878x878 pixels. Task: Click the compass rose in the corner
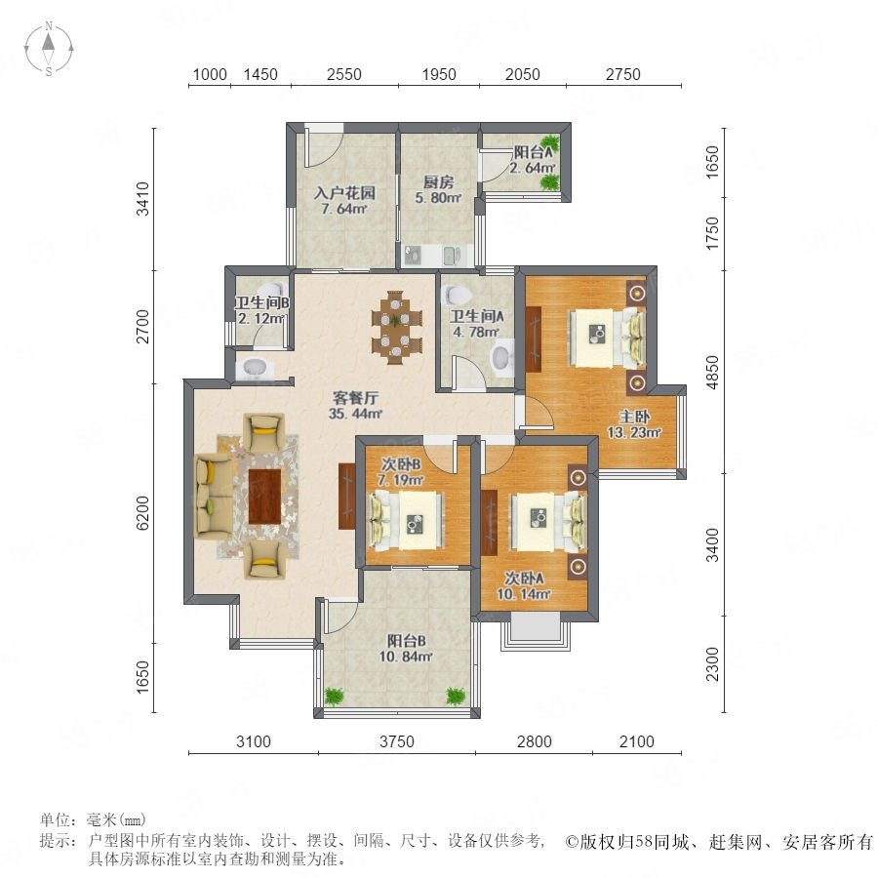point(49,49)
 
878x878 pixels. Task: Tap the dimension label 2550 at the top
point(343,74)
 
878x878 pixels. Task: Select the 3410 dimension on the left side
point(143,199)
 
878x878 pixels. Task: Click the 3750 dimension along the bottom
point(397,742)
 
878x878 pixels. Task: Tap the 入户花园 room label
point(344,193)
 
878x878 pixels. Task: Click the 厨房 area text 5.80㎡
point(438,198)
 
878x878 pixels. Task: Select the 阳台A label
point(533,151)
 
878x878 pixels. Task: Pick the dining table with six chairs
point(396,328)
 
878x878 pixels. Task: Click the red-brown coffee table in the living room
point(264,497)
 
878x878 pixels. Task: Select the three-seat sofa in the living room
point(213,497)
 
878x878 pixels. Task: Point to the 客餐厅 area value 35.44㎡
point(355,415)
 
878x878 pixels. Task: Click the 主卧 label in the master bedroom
point(634,416)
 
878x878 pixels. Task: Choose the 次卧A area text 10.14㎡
point(523,594)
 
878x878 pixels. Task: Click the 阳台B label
point(406,641)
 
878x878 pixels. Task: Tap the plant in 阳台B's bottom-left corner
point(335,696)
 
